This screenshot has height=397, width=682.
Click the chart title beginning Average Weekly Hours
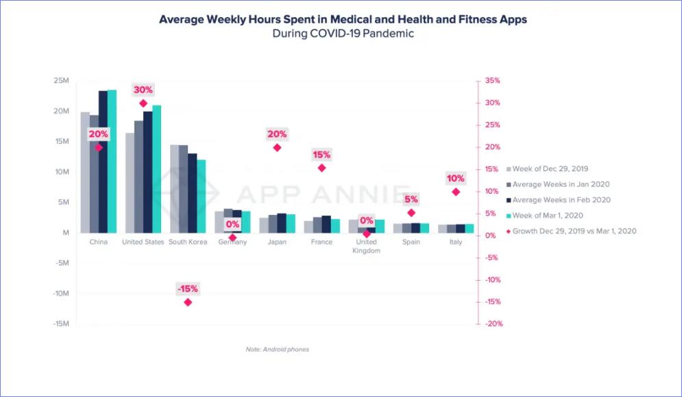pos(343,19)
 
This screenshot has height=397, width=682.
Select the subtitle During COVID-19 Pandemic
pos(343,34)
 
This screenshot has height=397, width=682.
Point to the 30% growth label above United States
pos(143,90)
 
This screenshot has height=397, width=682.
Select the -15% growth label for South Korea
pos(187,289)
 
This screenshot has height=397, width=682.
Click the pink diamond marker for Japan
pos(277,147)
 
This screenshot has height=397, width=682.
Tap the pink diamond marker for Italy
pos(456,192)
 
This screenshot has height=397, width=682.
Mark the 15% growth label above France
pos(321,155)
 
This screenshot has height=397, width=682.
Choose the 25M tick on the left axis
pos(62,81)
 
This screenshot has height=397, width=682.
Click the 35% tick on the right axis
pos(491,81)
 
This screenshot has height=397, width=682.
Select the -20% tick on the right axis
pos(493,324)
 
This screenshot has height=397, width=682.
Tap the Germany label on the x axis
pos(232,242)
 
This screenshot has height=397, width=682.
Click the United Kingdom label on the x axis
pos(366,246)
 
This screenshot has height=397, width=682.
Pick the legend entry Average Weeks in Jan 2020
pos(561,184)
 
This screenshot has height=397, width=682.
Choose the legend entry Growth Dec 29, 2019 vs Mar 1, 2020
pos(574,231)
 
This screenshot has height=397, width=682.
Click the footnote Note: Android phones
pos(277,350)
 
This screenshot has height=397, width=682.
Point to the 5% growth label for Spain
pos(411,199)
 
